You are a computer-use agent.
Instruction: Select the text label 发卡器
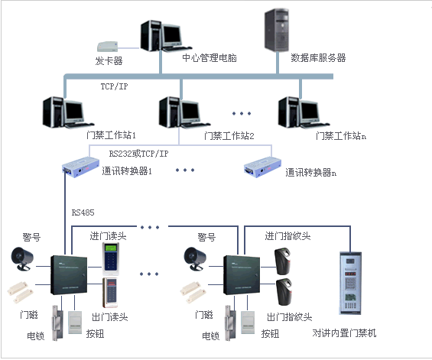tap(109, 60)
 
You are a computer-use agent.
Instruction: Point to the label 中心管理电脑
tap(209, 58)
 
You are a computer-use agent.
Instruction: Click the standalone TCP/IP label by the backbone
tap(114, 87)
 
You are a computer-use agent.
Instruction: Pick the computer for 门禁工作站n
tap(298, 112)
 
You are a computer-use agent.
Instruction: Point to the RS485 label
tap(84, 212)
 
